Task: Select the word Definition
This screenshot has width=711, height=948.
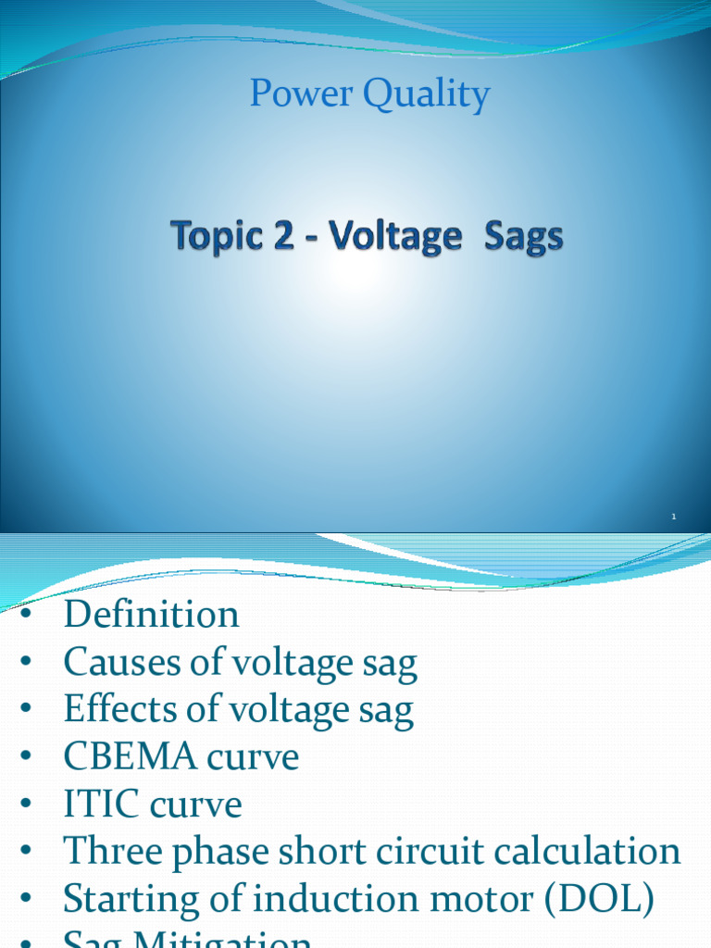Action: [151, 615]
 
